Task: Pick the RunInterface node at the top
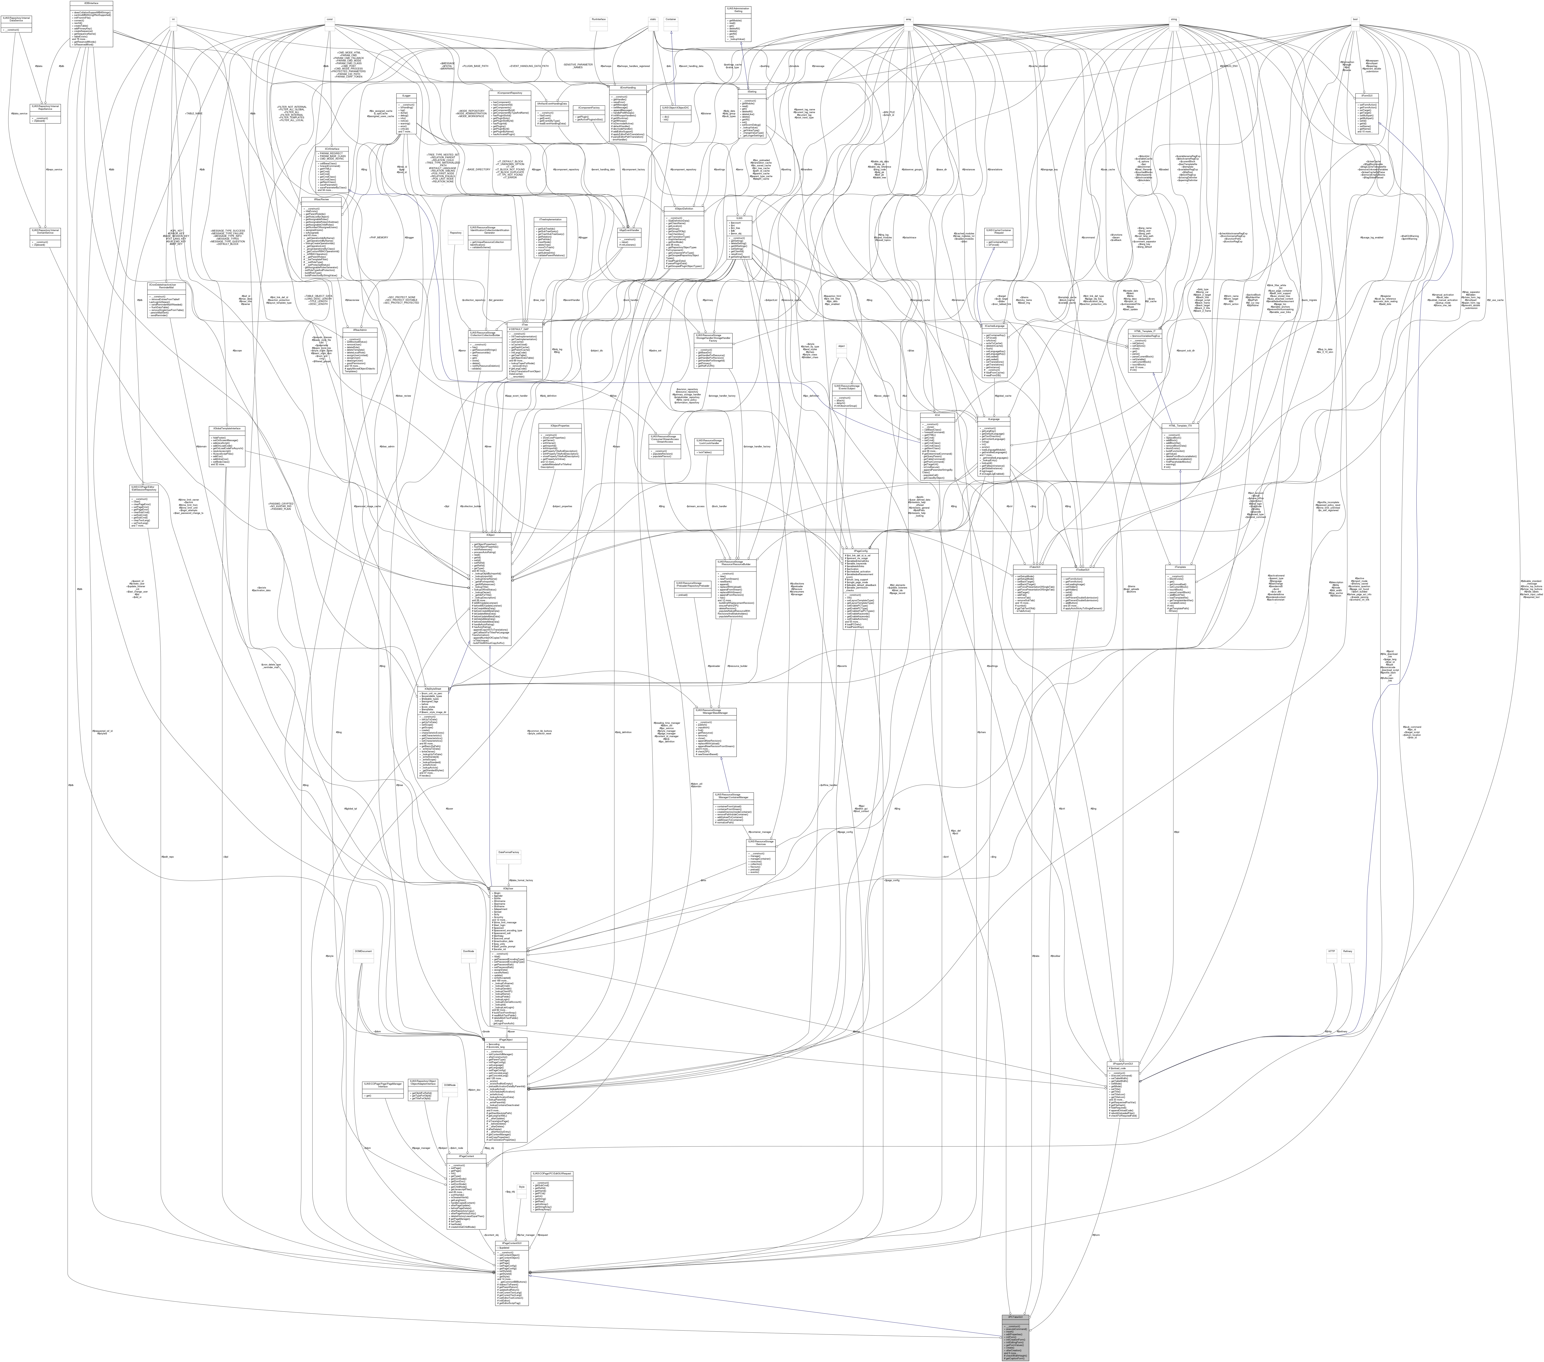[x=599, y=19]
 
